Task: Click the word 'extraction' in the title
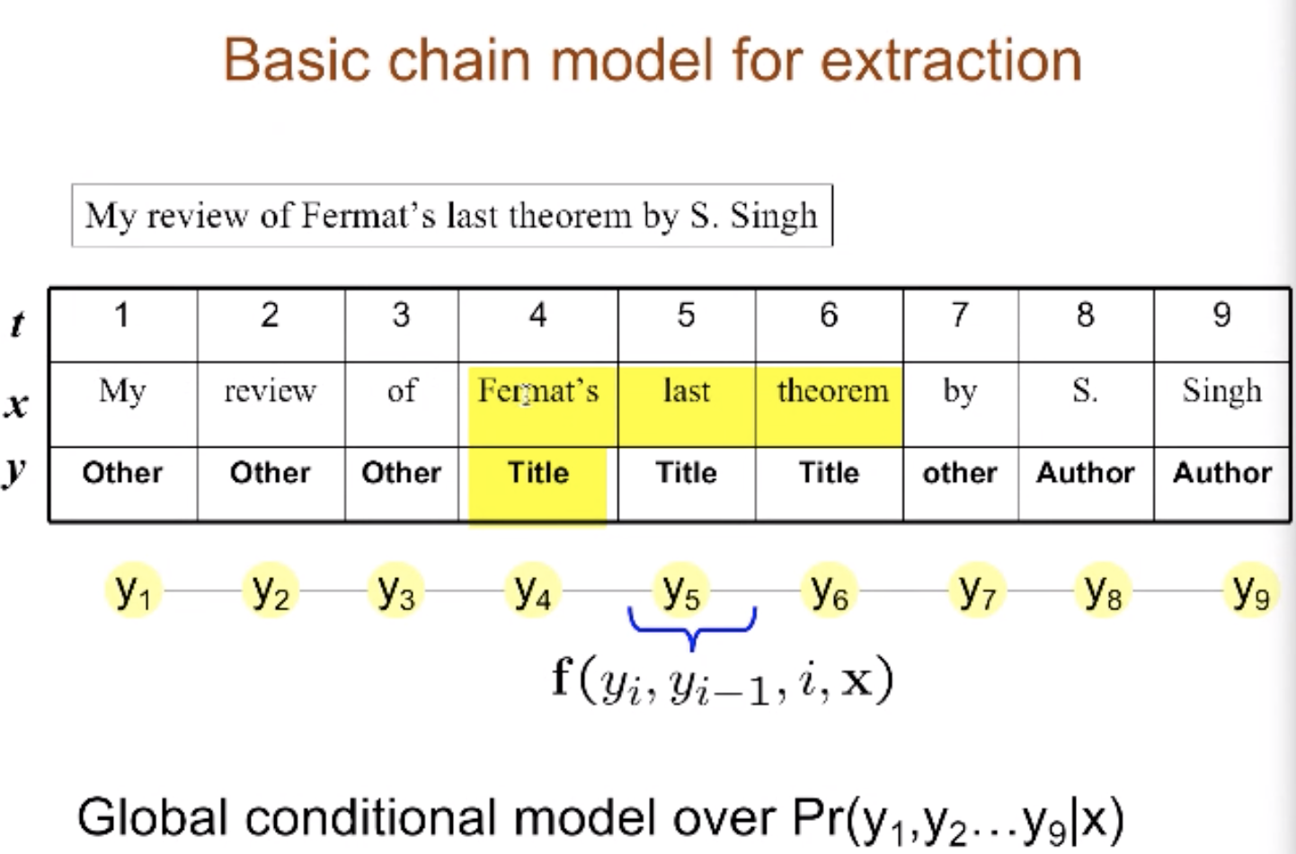pyautogui.click(x=951, y=60)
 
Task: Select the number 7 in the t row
pyautogui.click(x=959, y=316)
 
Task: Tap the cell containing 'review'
pyautogui.click(x=271, y=405)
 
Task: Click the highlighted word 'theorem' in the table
pyautogui.click(x=832, y=390)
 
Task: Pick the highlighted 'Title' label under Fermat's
pyautogui.click(x=538, y=473)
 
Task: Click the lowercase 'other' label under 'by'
pyautogui.click(x=960, y=473)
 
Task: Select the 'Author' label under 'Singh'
pyautogui.click(x=1222, y=473)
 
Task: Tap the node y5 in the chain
pyautogui.click(x=681, y=592)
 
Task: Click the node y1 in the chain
pyautogui.click(x=133, y=592)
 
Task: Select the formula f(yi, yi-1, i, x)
pyautogui.click(x=723, y=681)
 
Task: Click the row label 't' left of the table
pyautogui.click(x=18, y=324)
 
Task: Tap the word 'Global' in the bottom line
pyautogui.click(x=152, y=817)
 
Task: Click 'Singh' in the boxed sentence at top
pyautogui.click(x=774, y=217)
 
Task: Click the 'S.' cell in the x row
pyautogui.click(x=1086, y=405)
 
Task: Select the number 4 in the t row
pyautogui.click(x=538, y=316)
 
